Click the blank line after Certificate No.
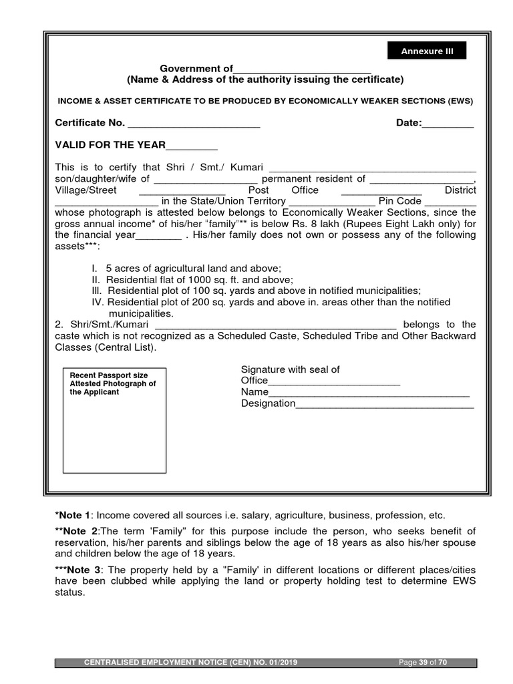tap(194, 125)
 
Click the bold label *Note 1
tap(72, 515)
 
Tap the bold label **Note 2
tap(76, 531)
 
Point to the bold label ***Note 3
tap(79, 569)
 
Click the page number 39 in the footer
tap(422, 663)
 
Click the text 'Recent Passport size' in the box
tap(109, 375)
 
